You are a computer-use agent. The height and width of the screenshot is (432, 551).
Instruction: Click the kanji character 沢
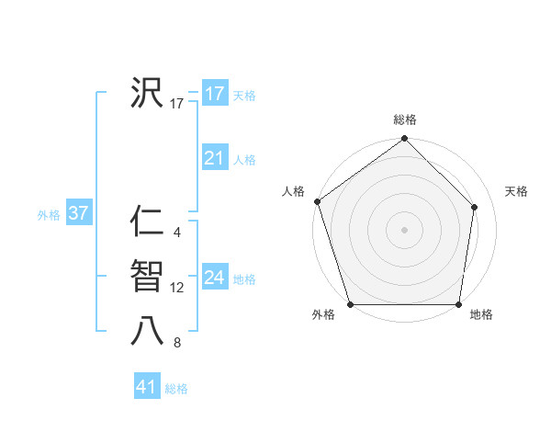click(x=147, y=93)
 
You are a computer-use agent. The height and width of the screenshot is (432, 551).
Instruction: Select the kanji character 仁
click(x=147, y=222)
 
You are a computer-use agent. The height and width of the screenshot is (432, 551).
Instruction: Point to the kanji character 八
click(x=147, y=332)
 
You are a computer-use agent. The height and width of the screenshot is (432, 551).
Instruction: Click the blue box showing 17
click(x=214, y=94)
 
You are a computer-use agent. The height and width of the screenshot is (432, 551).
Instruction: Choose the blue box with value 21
click(x=214, y=159)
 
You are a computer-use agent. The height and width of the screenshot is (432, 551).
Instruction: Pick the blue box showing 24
click(x=214, y=278)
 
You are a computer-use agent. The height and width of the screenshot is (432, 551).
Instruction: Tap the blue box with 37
click(x=78, y=214)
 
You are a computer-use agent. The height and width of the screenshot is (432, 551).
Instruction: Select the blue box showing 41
click(x=147, y=387)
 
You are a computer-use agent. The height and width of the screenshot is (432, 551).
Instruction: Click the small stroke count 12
click(x=177, y=288)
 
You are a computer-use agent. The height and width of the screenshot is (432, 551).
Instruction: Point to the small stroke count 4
click(x=176, y=233)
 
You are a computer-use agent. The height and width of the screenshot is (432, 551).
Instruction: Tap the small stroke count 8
click(x=176, y=344)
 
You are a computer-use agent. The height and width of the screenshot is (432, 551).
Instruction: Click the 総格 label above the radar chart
click(x=404, y=119)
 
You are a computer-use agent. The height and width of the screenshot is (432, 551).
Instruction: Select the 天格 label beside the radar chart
click(x=516, y=191)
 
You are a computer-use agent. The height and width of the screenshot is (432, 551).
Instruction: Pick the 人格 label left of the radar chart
click(x=293, y=191)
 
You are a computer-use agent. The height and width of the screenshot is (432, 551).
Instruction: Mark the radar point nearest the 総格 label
click(x=404, y=140)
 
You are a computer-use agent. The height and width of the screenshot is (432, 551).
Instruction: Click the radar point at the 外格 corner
click(x=350, y=304)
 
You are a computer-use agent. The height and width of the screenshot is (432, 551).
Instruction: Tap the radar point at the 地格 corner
click(x=458, y=304)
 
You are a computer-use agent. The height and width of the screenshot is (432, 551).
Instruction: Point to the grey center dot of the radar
click(x=404, y=229)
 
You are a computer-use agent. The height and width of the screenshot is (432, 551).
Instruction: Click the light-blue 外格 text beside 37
click(x=49, y=215)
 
